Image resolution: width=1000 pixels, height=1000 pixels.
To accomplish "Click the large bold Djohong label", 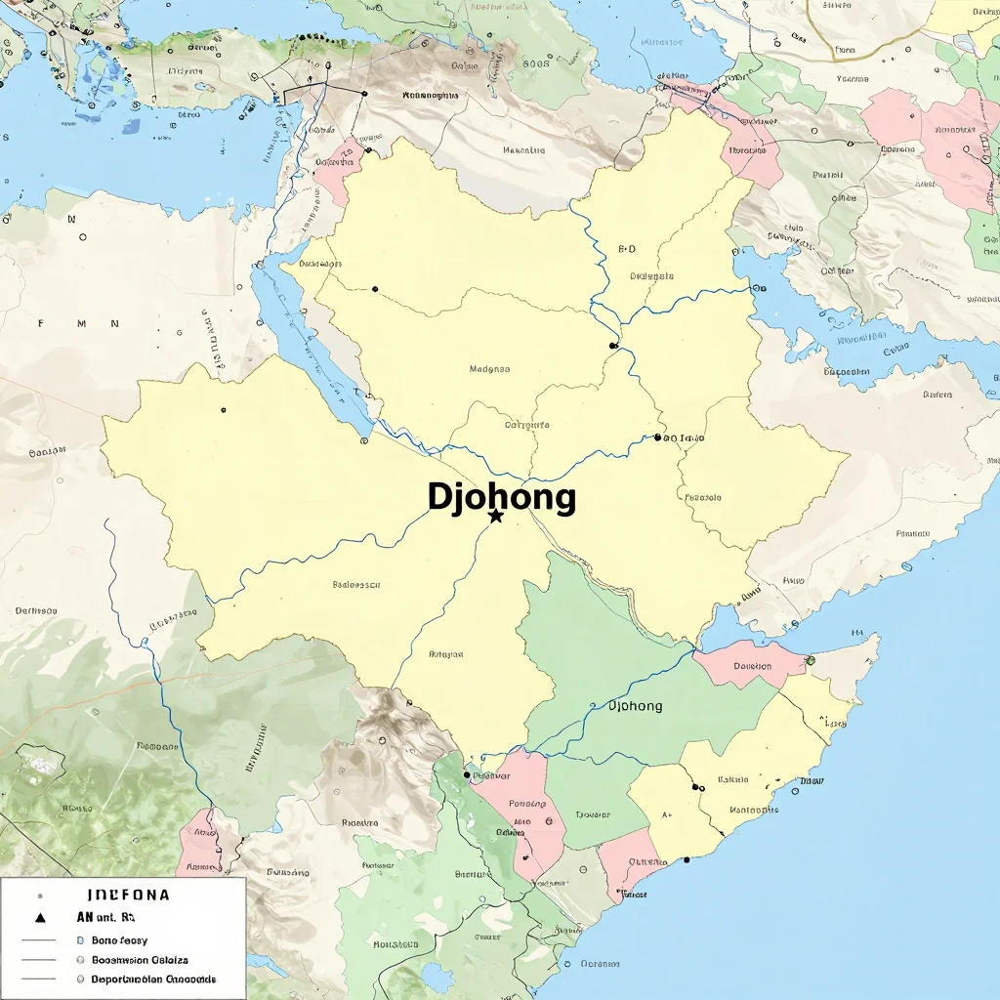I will pos(501,497).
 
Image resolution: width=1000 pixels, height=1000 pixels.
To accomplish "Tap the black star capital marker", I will pos(496,516).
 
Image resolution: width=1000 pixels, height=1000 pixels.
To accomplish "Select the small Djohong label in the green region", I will pos(635,706).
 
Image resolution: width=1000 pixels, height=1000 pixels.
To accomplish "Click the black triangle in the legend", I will pos(40,918).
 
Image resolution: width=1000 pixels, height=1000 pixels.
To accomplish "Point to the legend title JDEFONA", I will pos(128,895).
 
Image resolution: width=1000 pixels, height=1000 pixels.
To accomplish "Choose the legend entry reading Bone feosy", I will pos(119,939).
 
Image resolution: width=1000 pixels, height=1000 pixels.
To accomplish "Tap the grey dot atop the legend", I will pos(40,895).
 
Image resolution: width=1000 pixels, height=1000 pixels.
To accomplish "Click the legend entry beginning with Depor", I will pos(153,979).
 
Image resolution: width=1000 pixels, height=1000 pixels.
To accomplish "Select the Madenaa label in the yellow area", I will pos(489,369).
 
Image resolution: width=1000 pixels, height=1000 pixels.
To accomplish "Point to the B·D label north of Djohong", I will pos(627,249).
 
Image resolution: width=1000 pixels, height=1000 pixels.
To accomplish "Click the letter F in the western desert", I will pos(41,323).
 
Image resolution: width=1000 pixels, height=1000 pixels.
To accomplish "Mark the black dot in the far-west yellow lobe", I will pos(224,410).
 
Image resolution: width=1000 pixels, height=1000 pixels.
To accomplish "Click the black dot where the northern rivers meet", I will pos(612,346).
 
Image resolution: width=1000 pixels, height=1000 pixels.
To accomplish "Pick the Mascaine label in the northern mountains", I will pos(523,150).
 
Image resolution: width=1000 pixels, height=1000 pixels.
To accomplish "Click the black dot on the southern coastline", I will pos(687,859).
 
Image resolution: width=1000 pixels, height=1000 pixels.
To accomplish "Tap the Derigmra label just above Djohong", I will pos(526,425).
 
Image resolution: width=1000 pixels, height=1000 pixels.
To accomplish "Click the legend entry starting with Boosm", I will pos(140,960).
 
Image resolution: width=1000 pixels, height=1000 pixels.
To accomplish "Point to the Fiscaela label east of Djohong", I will pos(703,497).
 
